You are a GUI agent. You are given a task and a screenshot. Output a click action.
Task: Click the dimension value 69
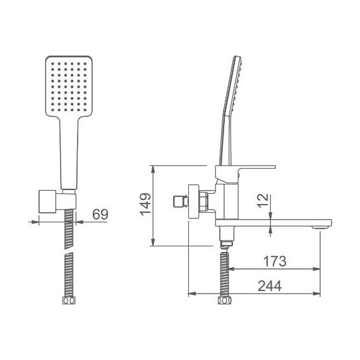100,215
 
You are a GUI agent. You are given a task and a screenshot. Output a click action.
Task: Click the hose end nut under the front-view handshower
69,301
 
